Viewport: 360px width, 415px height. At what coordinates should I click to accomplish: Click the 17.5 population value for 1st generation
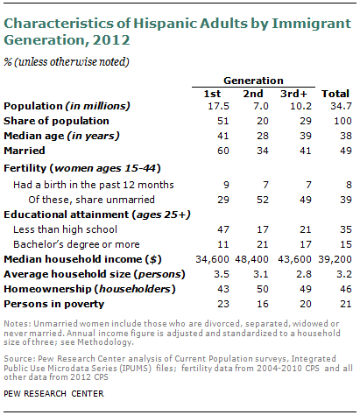tap(206, 106)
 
